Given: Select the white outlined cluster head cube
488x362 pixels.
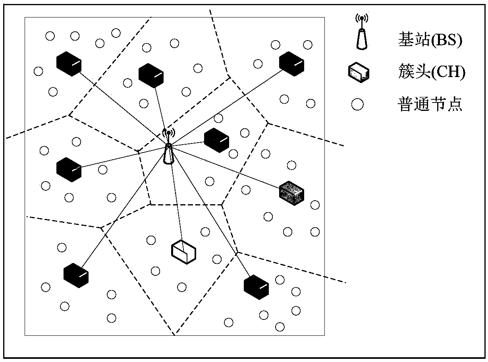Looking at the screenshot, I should [x=184, y=251].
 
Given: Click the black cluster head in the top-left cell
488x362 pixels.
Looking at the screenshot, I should [x=69, y=64].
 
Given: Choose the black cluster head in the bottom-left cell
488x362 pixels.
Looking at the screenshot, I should [x=76, y=275].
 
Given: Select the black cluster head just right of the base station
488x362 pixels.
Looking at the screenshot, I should [x=216, y=140].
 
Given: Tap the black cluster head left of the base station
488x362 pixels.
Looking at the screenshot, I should [x=69, y=169].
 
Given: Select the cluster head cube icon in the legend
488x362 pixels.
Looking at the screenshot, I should [x=358, y=74].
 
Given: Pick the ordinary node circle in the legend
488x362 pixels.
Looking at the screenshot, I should [x=358, y=105].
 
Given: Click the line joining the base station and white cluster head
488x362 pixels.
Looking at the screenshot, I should [x=177, y=203].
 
